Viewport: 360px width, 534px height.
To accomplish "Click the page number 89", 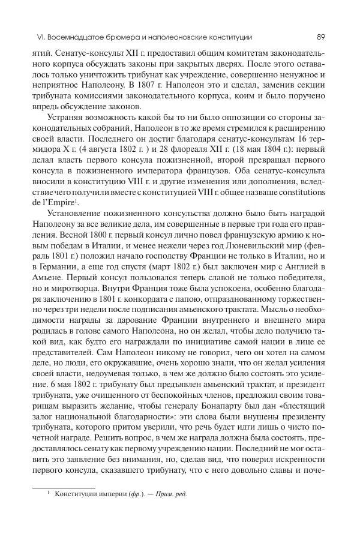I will (x=320, y=37).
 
